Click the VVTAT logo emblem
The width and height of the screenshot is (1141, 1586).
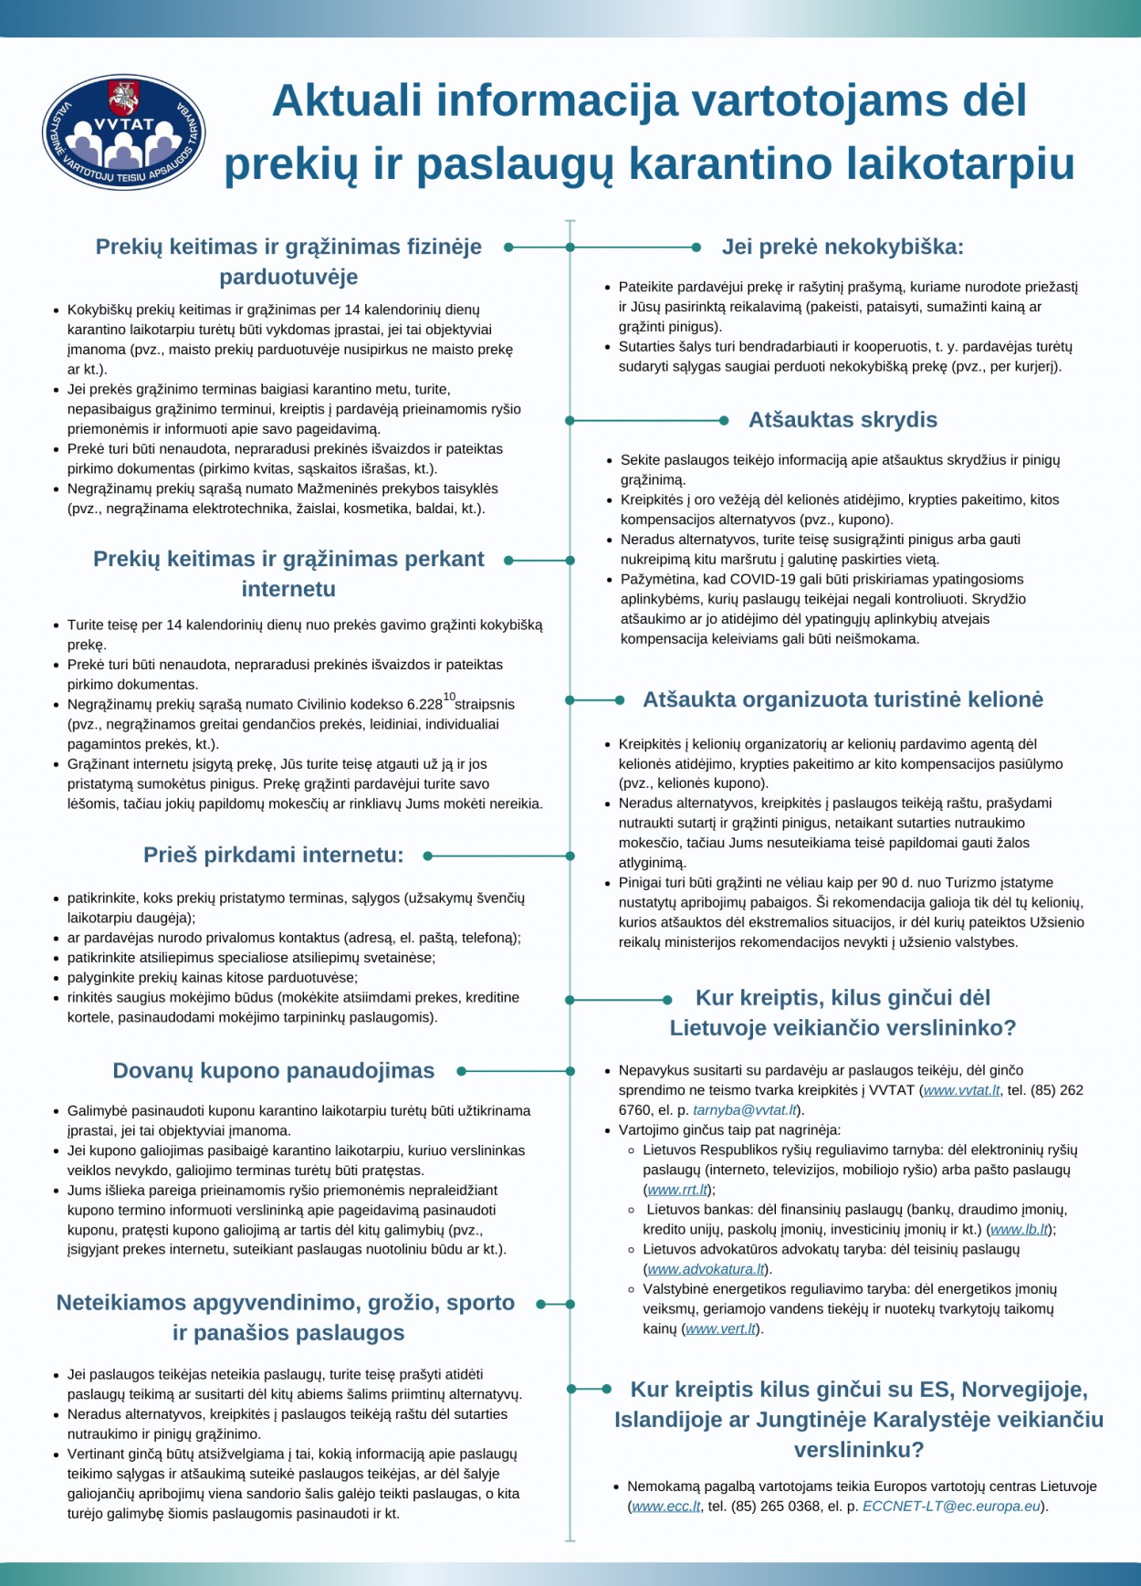click(x=124, y=131)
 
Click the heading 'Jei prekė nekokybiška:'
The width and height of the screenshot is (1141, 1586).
click(x=843, y=247)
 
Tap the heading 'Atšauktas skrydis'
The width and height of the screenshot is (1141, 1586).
click(x=843, y=420)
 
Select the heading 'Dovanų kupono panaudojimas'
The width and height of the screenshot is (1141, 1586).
click(x=273, y=1071)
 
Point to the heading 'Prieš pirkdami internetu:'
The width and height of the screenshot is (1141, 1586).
click(x=273, y=856)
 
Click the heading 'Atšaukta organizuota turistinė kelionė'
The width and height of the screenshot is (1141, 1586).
click(x=843, y=699)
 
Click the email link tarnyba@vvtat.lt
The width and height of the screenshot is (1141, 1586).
click(x=745, y=1110)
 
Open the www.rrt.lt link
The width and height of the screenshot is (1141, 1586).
click(x=677, y=1190)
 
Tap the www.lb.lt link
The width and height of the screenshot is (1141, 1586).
click(x=1019, y=1230)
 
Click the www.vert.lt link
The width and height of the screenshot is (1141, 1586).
click(x=721, y=1329)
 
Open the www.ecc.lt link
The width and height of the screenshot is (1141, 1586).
click(x=665, y=1507)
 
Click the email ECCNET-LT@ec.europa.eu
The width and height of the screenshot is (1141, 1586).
click(x=951, y=1507)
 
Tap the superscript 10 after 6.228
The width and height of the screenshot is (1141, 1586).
click(x=449, y=697)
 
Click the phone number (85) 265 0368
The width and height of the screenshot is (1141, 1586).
click(x=774, y=1507)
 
